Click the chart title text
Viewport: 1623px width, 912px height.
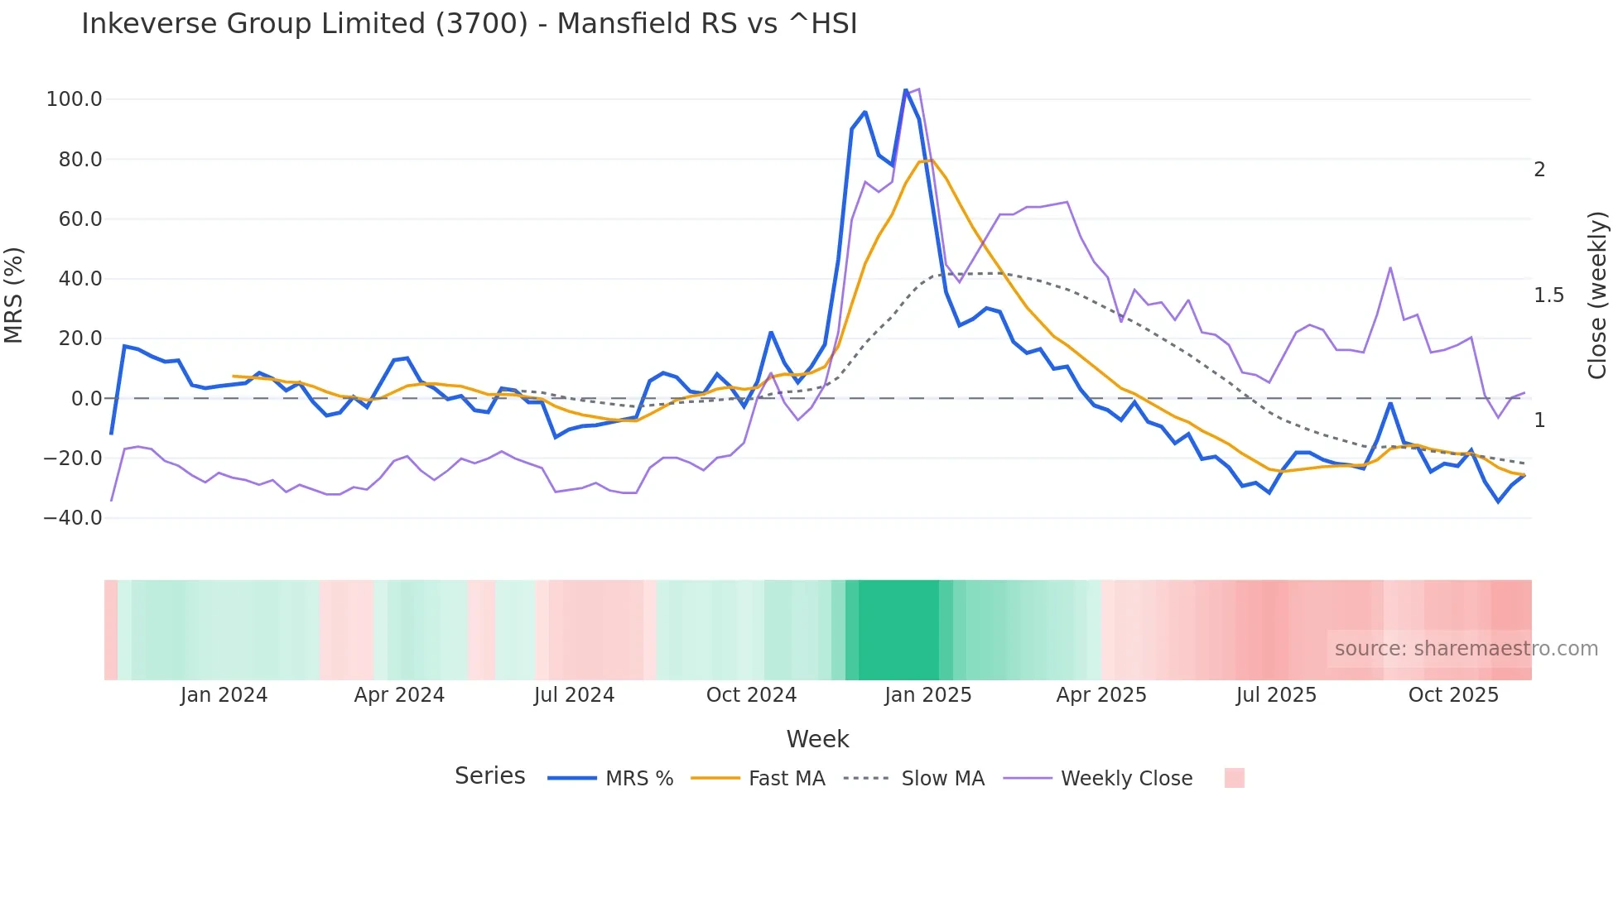469,24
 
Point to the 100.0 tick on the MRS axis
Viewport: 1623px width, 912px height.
74,99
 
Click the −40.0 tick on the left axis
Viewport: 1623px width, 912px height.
72,518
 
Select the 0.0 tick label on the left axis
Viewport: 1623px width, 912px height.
86,399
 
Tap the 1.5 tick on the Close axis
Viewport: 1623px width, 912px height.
1548,295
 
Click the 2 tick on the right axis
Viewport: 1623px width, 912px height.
1539,170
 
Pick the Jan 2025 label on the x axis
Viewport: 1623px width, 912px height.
927,695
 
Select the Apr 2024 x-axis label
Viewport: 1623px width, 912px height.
399,695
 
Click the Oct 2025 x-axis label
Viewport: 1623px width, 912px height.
1453,695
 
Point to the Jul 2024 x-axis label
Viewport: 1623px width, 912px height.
574,695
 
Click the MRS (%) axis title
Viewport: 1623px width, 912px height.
14,295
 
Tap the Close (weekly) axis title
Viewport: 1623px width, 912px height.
1597,295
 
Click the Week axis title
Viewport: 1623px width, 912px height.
817,739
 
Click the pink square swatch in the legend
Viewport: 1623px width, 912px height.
1234,778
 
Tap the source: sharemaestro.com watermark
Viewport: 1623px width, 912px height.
1466,649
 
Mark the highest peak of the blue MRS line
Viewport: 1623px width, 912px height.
906,89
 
